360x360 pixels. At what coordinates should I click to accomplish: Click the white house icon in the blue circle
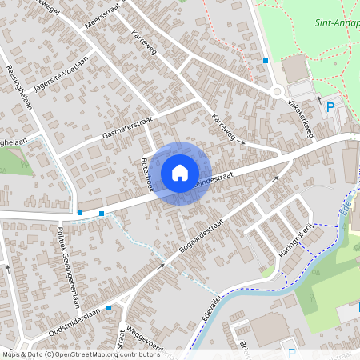180,172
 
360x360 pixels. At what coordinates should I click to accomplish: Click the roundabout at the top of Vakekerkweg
278,91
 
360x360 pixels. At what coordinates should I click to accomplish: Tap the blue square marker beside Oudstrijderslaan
109,306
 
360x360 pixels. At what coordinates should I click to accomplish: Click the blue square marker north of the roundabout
266,60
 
